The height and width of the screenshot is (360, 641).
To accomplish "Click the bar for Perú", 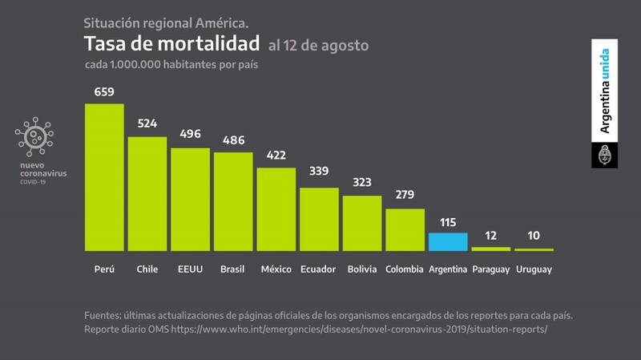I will point(104,177).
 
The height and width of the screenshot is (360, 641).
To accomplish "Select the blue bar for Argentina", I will point(448,242).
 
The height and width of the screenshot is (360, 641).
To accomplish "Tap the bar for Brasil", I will point(233,201).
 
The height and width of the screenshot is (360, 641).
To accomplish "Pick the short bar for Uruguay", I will point(534,250).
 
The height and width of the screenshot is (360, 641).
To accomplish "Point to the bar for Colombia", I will point(405,230).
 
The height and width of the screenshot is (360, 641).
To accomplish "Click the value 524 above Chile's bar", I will point(147,124).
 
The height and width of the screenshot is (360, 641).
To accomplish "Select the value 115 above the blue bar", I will point(448,220).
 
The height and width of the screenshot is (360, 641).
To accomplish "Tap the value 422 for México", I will point(276,156).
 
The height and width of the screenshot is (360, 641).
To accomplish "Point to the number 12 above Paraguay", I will point(490,236).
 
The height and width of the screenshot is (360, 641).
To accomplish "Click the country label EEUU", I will point(190,269).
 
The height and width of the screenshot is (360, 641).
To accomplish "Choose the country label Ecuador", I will point(318,269).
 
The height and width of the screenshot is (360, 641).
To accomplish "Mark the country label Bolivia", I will point(362,269).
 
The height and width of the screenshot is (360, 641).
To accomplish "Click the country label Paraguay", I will point(490,269).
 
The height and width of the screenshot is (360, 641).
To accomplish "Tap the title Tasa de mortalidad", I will point(171,43).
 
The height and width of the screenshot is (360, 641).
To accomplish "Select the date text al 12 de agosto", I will point(319,46).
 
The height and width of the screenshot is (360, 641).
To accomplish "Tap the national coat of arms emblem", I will point(606,155).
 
